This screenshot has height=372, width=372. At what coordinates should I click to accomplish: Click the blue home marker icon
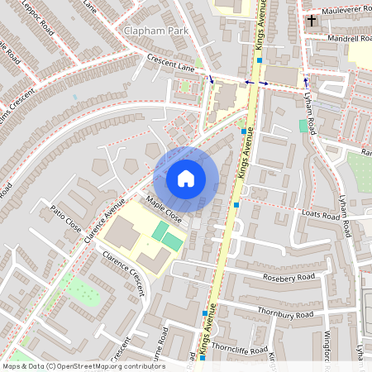pyautogui.click(x=186, y=179)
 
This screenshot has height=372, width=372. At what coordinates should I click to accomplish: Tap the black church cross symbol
pyautogui.click(x=312, y=19)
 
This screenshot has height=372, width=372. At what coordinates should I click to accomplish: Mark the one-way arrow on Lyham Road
pyautogui.click(x=306, y=82)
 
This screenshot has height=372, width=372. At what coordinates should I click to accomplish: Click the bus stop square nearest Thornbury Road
pyautogui.click(x=205, y=314)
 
